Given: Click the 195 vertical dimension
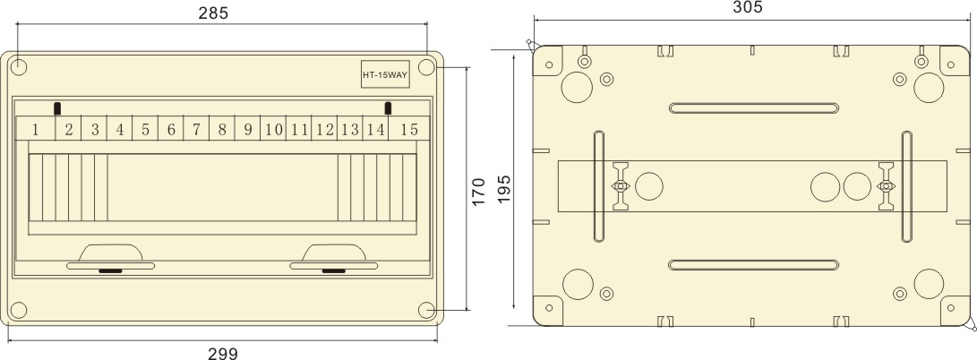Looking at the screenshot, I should click(x=503, y=189).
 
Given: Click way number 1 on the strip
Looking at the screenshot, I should click(x=36, y=130).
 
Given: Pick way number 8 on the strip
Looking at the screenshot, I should click(x=222, y=130).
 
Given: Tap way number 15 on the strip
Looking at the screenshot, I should click(x=409, y=130).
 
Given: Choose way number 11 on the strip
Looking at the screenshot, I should click(x=299, y=130).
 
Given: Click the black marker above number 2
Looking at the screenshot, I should click(x=58, y=108).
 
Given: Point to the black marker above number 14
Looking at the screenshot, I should click(x=388, y=108).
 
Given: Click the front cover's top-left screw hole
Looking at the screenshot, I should click(x=20, y=67).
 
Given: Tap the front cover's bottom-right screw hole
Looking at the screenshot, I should click(x=427, y=310).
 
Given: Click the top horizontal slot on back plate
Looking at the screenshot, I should click(x=753, y=109).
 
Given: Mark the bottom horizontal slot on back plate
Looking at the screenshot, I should click(x=753, y=264).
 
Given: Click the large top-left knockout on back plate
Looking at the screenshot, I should click(x=577, y=87).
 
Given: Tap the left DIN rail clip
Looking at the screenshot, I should click(x=621, y=186).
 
